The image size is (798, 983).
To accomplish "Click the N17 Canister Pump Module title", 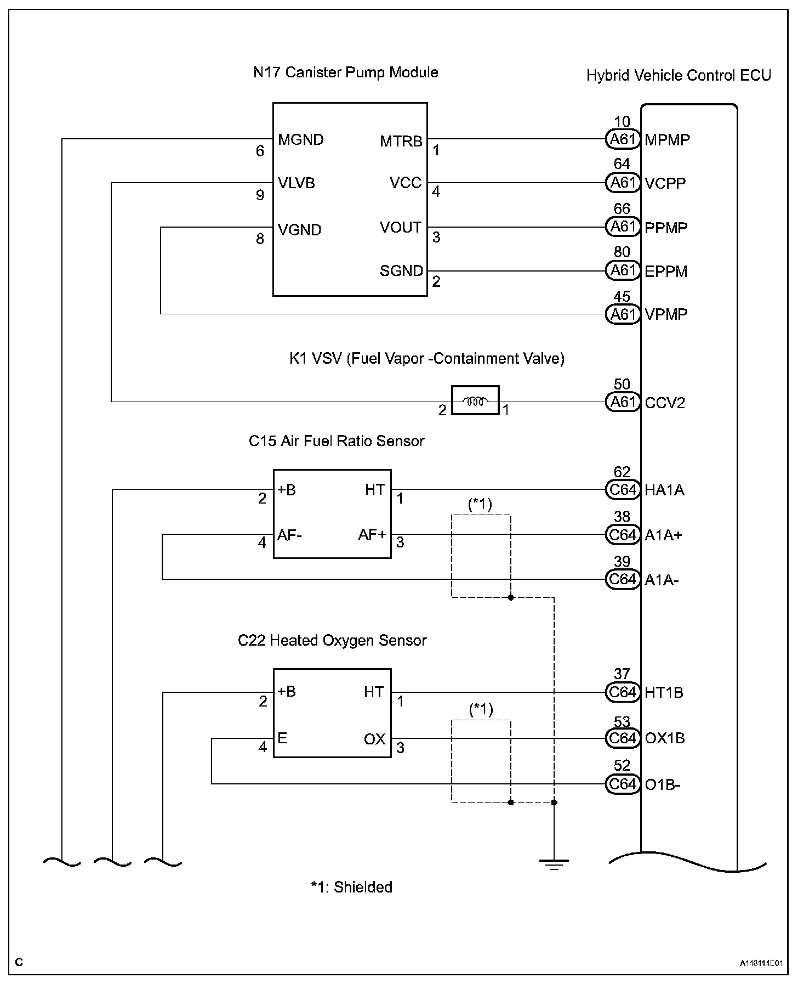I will coord(345,72).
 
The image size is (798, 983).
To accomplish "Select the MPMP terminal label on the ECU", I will coord(667,140).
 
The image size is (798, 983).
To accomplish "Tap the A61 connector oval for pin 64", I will coord(623,183).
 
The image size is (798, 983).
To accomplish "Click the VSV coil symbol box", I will coord(475,400).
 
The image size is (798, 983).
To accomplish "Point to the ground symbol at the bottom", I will coord(554,865).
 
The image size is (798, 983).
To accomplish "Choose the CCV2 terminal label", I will coord(665,403).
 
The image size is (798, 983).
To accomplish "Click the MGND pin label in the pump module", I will coord(300,139).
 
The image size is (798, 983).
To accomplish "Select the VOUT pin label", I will coord(401,228).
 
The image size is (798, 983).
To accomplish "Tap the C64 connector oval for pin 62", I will coord(623,490).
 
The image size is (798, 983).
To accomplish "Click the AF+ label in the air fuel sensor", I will coord(372,535).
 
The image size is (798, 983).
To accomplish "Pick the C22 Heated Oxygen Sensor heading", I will coord(332,641).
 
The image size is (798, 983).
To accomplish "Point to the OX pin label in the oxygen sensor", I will coord(375,739).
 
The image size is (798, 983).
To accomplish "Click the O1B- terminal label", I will coord(662,785).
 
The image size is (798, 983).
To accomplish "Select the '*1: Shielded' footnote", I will coord(351,887).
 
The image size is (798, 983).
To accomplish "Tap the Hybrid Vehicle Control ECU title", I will coord(679,75).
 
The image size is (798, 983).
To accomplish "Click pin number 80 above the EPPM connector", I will coord(622,252).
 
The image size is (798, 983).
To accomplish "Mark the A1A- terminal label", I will coord(662,580).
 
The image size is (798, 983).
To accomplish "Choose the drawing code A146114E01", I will coord(761,963).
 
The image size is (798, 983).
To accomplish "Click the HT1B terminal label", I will coord(664,693).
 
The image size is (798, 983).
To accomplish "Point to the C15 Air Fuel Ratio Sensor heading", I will coord(337,441).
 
